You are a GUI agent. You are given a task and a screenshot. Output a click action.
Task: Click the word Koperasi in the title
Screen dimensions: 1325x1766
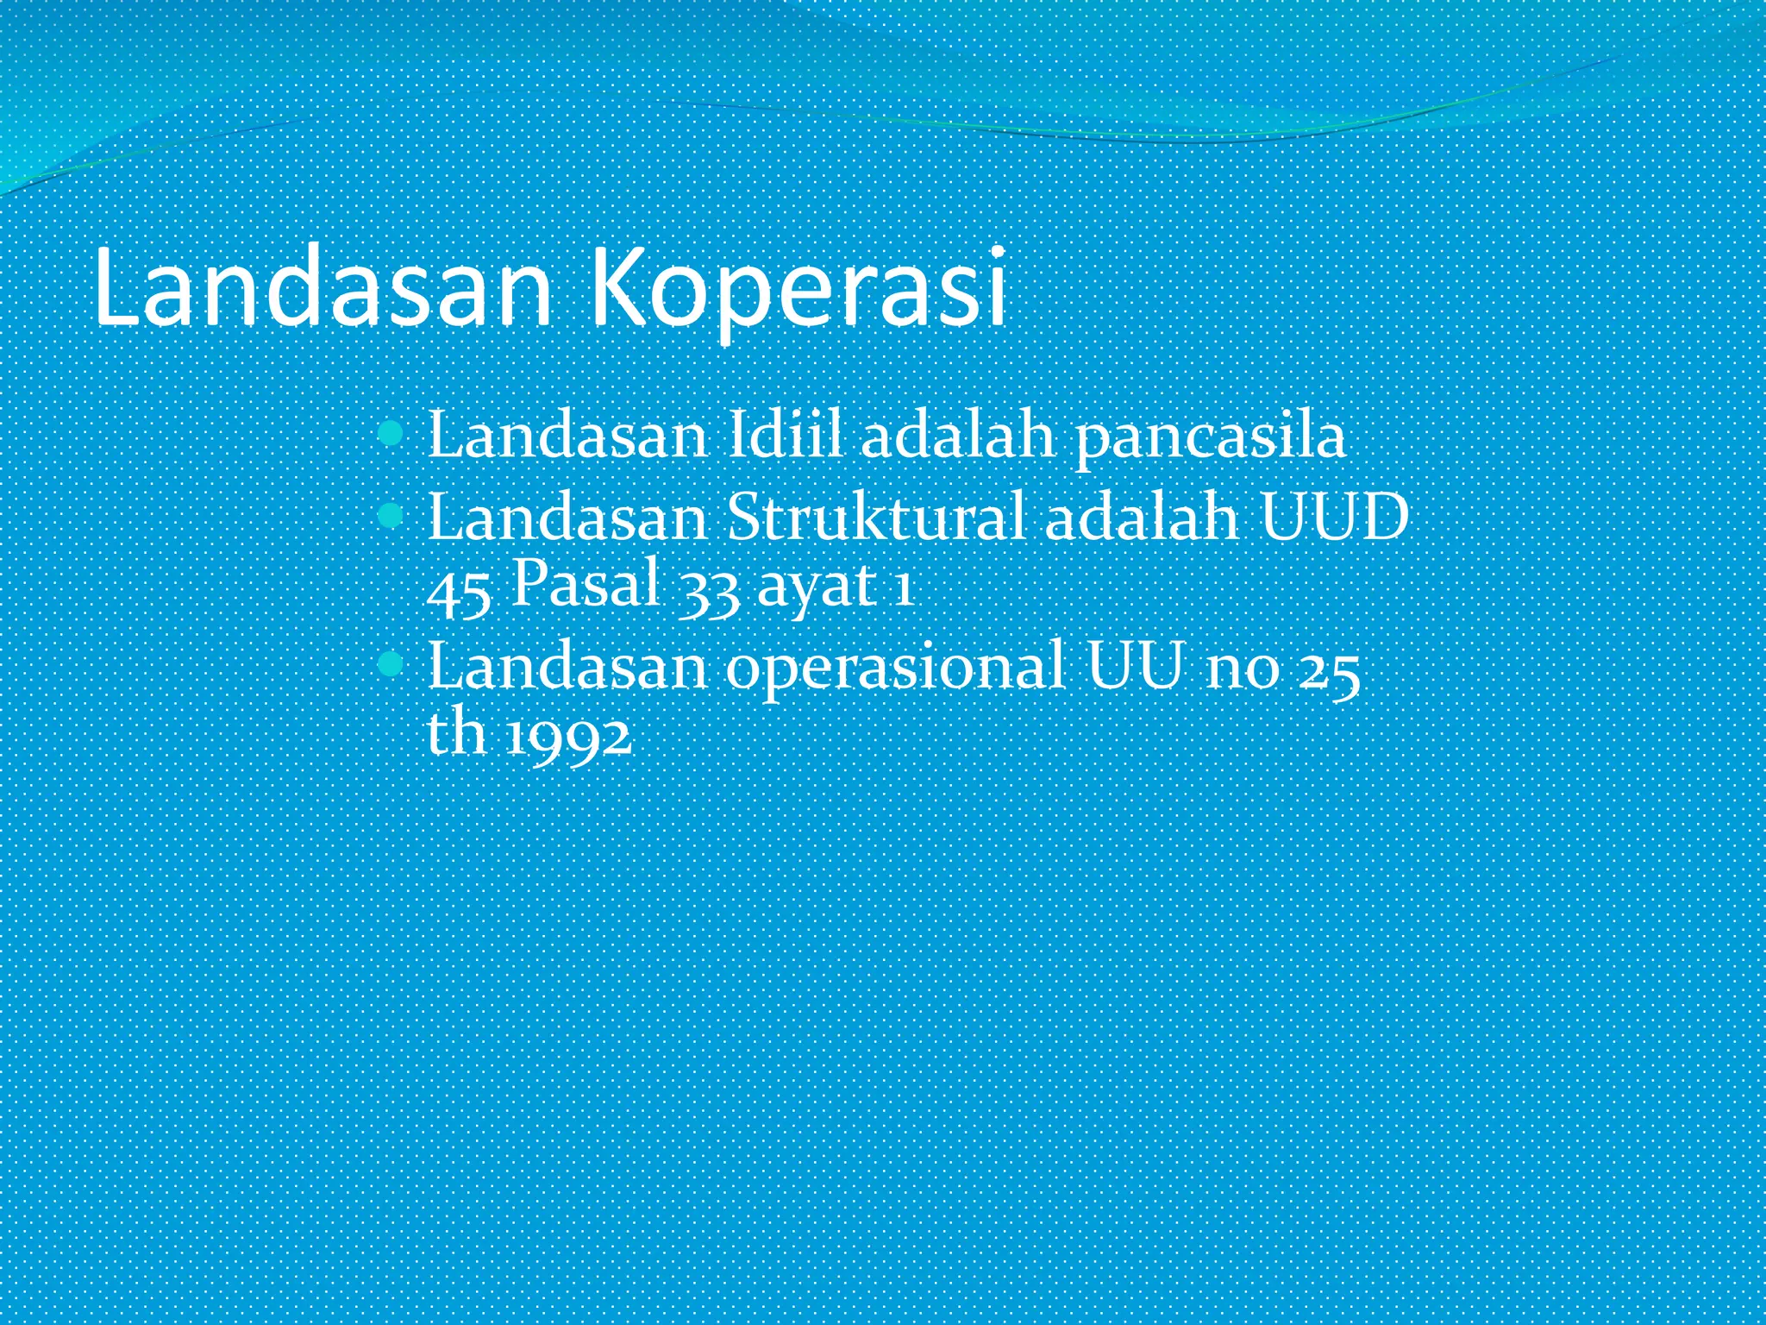point(798,289)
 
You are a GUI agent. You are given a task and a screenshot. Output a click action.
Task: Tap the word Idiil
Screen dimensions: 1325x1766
point(784,436)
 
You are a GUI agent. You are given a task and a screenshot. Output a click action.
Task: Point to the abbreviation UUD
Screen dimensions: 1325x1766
point(1334,518)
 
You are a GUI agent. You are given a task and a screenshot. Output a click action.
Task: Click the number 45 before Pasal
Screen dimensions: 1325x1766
point(460,593)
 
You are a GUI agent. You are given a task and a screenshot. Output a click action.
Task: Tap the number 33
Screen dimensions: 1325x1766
point(709,593)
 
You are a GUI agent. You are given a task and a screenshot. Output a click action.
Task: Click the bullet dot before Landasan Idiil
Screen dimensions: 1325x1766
point(391,433)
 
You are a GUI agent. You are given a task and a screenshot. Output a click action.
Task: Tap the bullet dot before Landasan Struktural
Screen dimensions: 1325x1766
point(391,516)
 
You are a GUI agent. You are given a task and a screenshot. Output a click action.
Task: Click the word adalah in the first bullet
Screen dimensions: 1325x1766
point(957,436)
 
